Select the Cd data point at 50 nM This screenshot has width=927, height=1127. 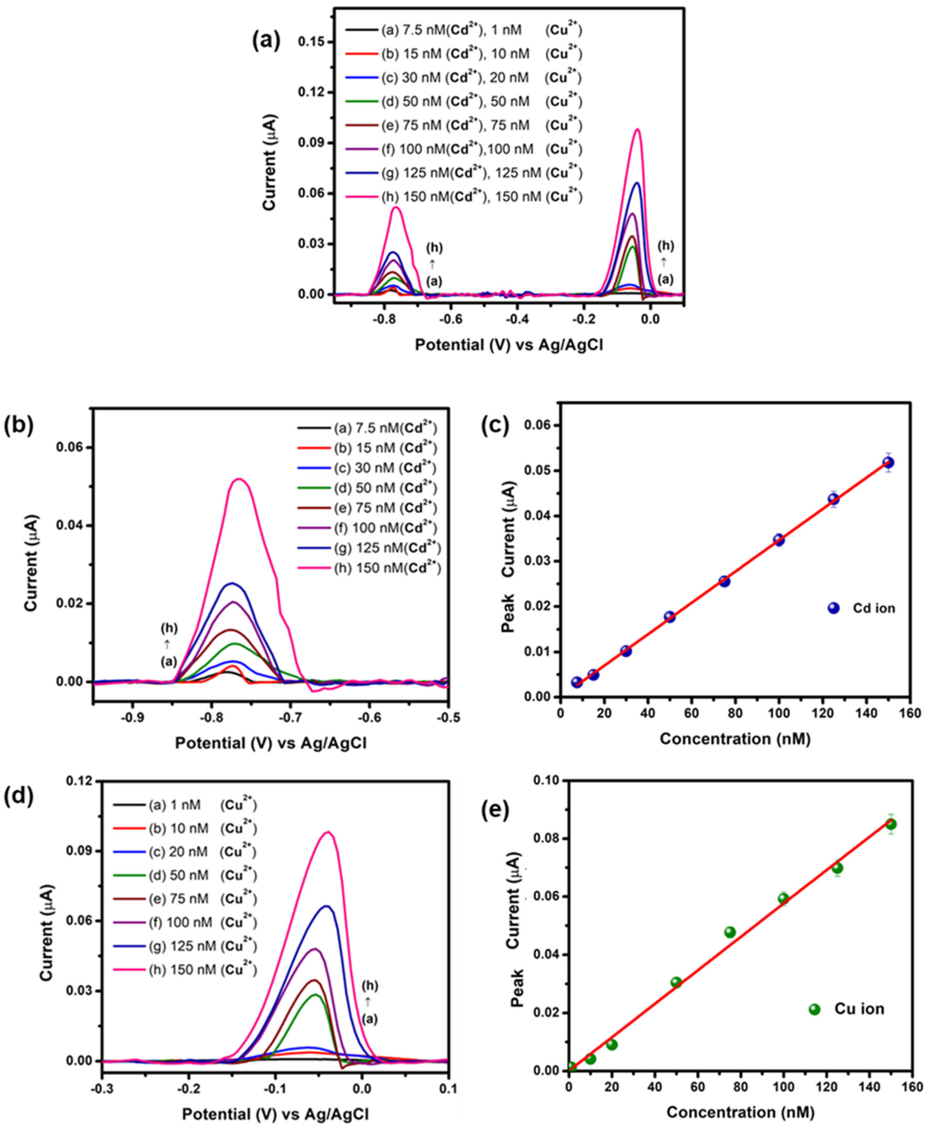(x=670, y=617)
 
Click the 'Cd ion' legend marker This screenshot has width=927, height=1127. (x=834, y=608)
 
